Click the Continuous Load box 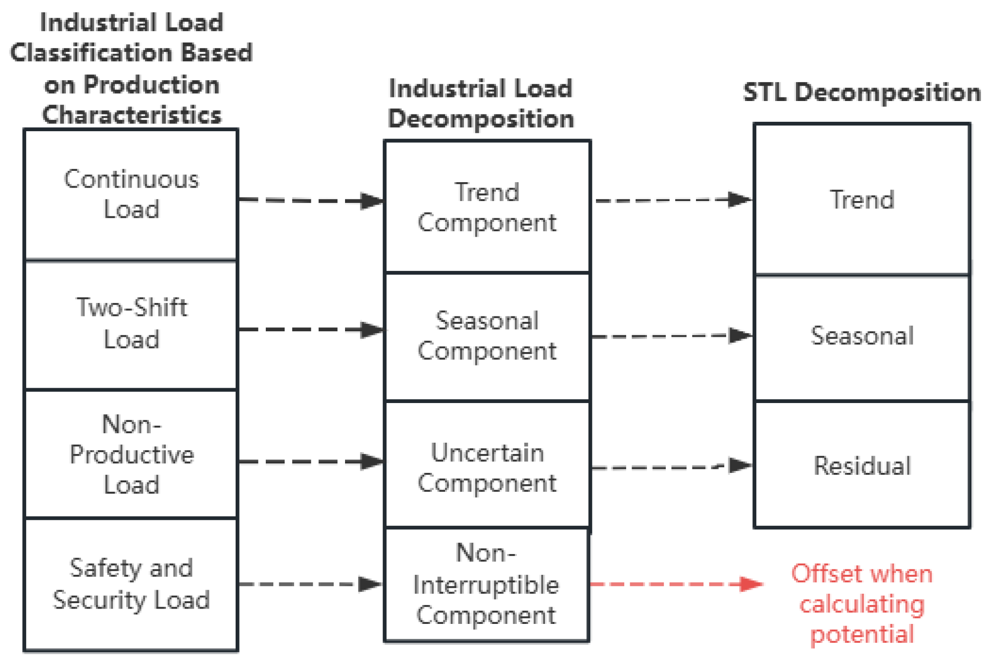pos(131,194)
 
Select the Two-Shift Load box pos(131,324)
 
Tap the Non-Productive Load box pos(131,454)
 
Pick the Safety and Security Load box pos(131,584)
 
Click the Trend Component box pos(487,207)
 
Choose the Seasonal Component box pos(487,336)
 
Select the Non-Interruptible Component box pos(487,584)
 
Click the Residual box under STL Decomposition pos(862,465)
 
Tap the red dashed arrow pos(676,584)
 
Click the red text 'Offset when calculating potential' pos(862,604)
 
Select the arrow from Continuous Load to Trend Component pos(311,201)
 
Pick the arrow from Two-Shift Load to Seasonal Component pos(311,330)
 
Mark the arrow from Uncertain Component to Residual pos(672,466)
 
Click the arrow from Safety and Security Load pos(310,584)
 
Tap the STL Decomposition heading pos(862,93)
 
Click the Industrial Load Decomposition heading pos(481,104)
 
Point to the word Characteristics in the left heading pos(132,115)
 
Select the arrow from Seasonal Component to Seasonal pos(672,336)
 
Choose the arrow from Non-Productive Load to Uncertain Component pos(311,461)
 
